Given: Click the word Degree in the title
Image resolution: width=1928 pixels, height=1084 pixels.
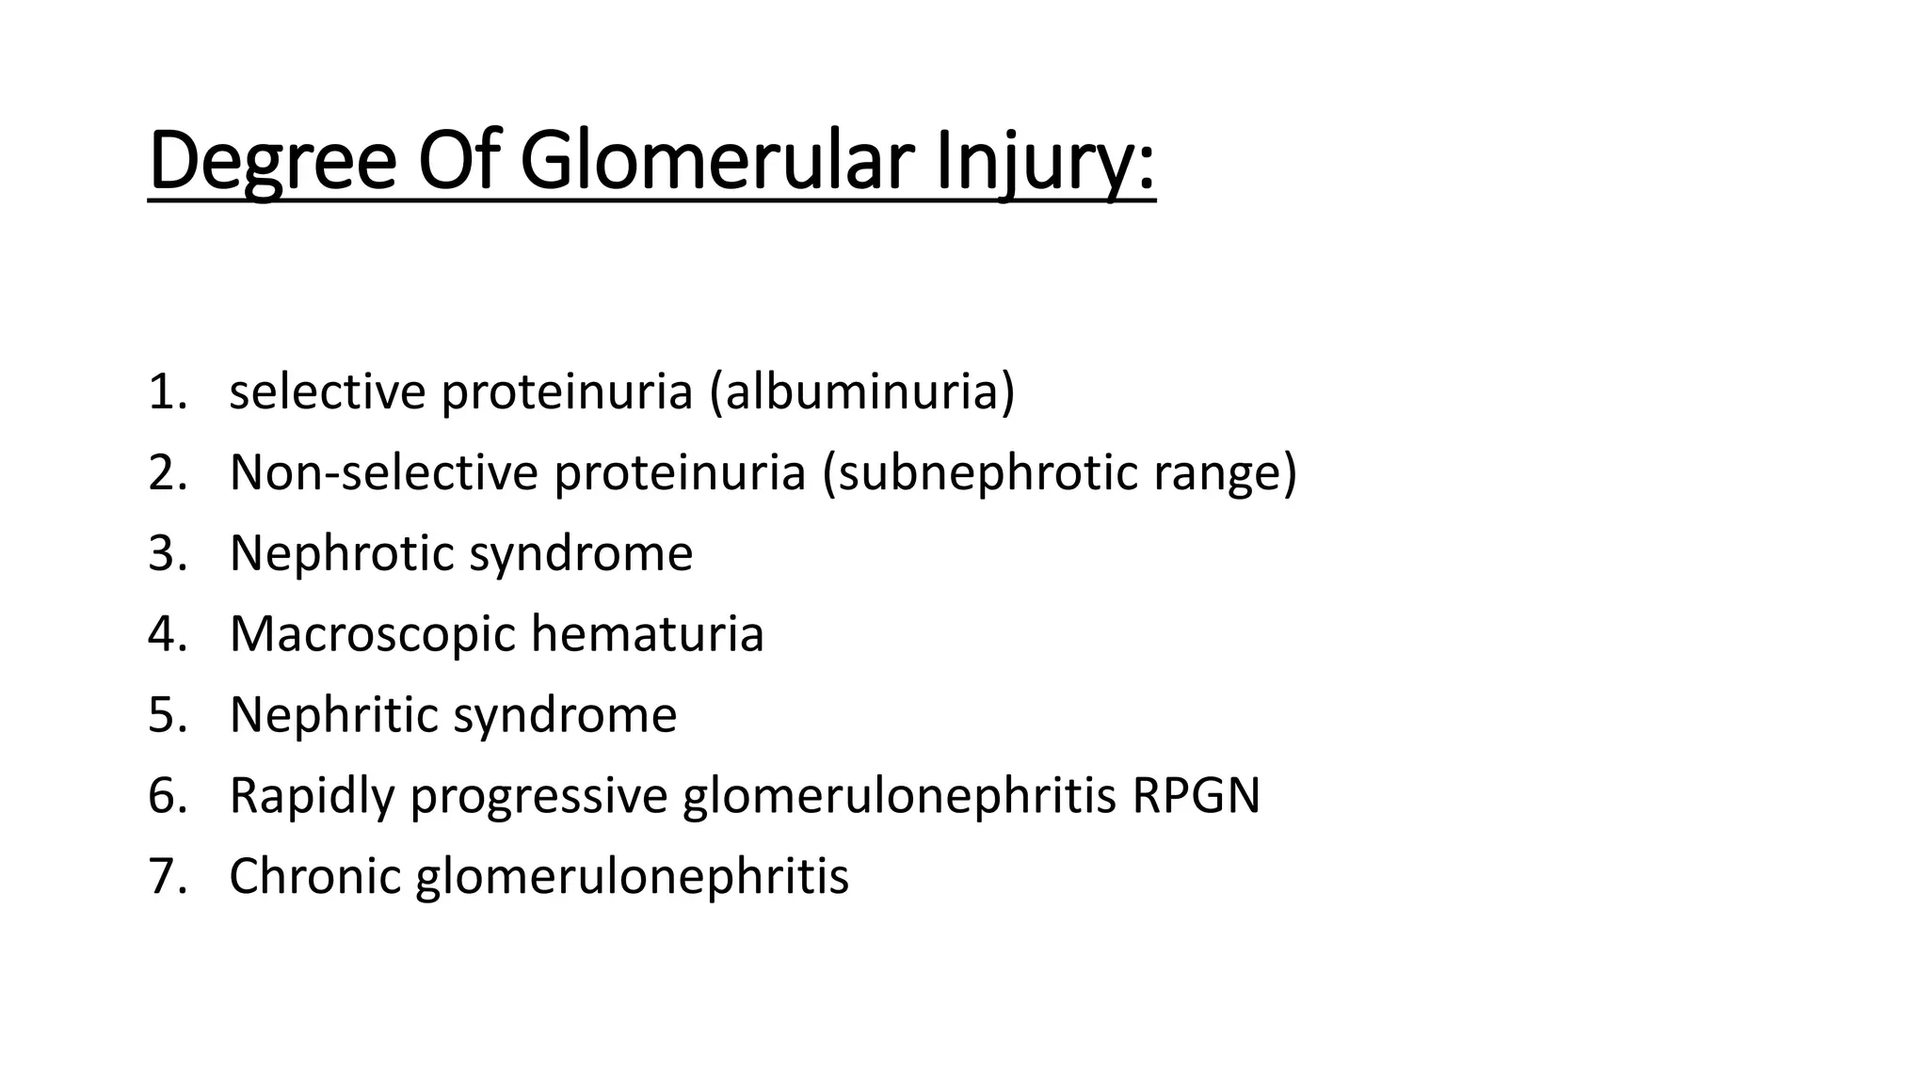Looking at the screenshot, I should tap(272, 162).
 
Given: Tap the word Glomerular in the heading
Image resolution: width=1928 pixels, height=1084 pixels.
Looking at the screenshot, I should tap(716, 162).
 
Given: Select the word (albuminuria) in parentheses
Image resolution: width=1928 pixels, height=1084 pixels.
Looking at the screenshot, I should tap(862, 391).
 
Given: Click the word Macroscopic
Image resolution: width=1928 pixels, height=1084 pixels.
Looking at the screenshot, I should tap(373, 633).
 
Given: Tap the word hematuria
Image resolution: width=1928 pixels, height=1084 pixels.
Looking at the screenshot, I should tap(648, 633).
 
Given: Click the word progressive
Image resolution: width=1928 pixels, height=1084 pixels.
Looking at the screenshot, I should tap(538, 795).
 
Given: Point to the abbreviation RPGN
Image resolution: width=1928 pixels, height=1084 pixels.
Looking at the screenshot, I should tap(1196, 795).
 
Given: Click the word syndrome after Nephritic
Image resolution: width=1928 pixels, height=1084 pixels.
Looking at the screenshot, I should tap(565, 714).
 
